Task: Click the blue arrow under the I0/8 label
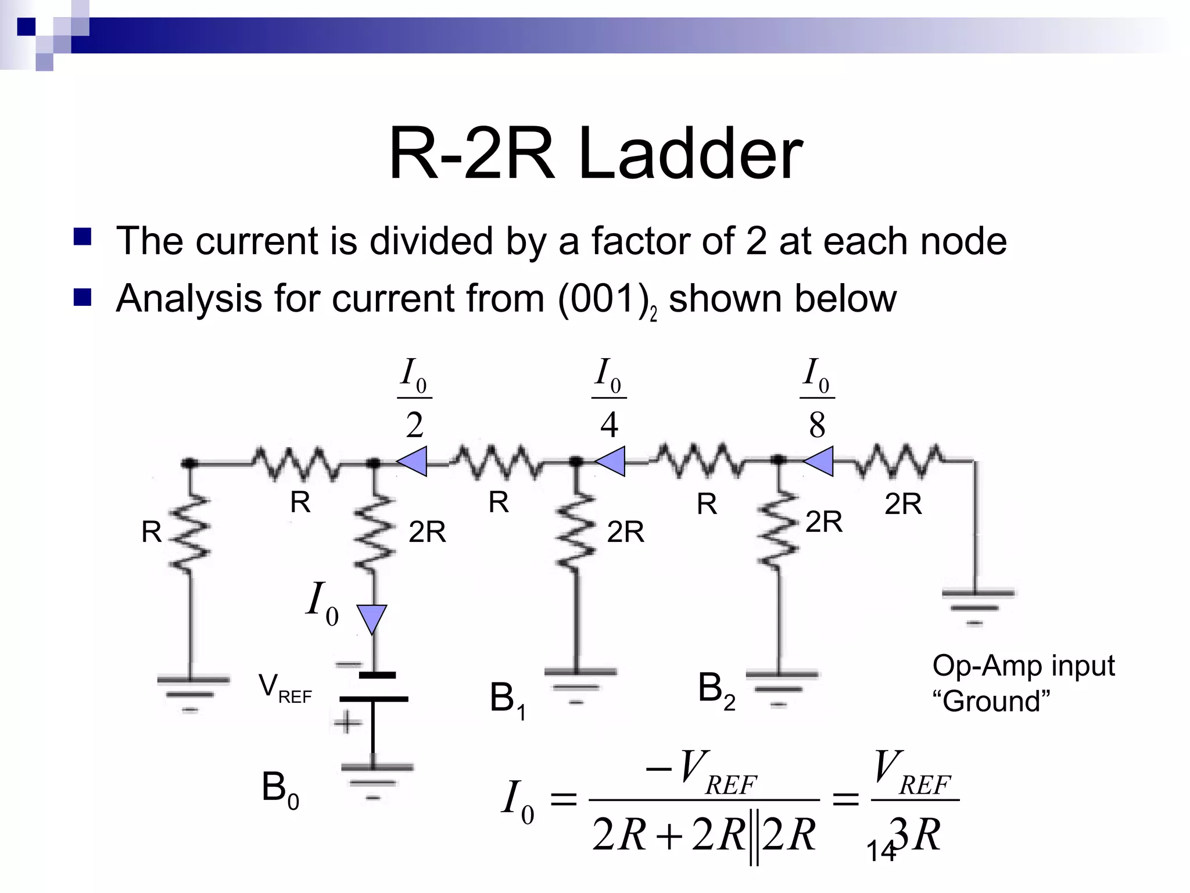(819, 462)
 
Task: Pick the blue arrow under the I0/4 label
(611, 462)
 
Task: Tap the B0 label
(280, 790)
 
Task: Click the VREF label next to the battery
(285, 688)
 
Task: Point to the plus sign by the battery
(347, 723)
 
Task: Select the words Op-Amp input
(1023, 666)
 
